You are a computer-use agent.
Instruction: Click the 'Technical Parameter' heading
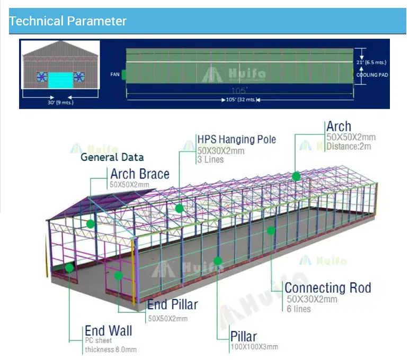[68, 21]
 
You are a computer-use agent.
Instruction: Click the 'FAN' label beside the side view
[115, 75]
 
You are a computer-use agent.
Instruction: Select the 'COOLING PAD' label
[372, 75]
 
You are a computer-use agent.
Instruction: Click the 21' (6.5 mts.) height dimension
[372, 62]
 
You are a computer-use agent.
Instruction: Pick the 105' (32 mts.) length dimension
[240, 100]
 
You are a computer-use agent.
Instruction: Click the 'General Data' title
[112, 157]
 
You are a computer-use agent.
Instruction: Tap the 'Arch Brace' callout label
[140, 174]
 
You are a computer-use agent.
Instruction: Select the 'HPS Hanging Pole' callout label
[237, 140]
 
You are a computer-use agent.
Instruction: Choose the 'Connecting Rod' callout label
[327, 288]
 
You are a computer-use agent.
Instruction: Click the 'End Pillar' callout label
[172, 304]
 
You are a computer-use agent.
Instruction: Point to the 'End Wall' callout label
[108, 331]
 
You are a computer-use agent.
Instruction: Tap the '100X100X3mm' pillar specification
[254, 347]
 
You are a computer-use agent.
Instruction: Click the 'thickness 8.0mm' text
[110, 349]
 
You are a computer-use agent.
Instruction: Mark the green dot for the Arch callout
[296, 176]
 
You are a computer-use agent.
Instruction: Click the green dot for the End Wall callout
[69, 268]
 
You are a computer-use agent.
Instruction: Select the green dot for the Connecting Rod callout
[271, 230]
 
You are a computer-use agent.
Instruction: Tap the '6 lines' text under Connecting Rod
[299, 309]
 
